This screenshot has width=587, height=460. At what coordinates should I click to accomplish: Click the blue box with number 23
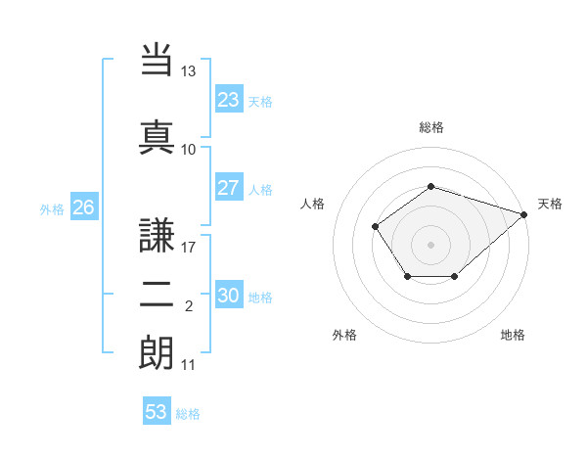228,100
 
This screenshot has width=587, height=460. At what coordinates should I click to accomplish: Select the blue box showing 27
228,188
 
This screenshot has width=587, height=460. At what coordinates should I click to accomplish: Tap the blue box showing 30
228,296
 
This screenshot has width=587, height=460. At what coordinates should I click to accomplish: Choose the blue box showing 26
83,207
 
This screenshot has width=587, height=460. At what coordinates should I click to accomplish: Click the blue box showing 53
156,412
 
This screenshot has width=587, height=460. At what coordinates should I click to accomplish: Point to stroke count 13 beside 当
188,71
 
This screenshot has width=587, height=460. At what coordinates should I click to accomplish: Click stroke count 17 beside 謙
188,248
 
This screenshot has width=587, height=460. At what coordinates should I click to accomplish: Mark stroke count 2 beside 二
188,306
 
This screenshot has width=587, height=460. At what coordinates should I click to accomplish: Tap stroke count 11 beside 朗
188,365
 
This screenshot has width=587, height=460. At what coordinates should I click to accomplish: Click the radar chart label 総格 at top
430,127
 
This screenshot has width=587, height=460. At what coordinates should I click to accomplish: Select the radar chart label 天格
550,204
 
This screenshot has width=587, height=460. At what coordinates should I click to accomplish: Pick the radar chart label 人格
312,204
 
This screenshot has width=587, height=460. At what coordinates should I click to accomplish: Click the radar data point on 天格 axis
525,213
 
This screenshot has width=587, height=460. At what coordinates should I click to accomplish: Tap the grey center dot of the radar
430,244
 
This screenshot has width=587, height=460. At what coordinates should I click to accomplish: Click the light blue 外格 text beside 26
52,208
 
